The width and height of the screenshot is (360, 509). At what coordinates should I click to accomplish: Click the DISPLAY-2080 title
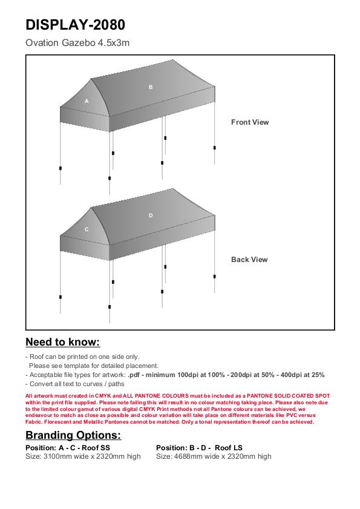(75, 25)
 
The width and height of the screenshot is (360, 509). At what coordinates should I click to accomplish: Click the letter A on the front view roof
(87, 101)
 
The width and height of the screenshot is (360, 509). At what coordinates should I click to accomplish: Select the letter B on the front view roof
(151, 87)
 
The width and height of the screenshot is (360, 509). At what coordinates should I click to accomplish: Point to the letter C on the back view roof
(87, 229)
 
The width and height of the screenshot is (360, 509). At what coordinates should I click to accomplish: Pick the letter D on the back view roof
(151, 215)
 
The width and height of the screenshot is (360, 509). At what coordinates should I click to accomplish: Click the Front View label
(250, 122)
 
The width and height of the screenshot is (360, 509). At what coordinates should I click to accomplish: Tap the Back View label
(249, 260)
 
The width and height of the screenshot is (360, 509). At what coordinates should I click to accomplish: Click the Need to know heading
(63, 342)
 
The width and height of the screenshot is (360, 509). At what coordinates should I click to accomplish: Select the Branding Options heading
(73, 435)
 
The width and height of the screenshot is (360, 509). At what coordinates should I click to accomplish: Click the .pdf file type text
(134, 375)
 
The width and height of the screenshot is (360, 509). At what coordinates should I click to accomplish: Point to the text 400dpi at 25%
(303, 375)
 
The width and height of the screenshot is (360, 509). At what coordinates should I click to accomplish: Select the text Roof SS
(96, 448)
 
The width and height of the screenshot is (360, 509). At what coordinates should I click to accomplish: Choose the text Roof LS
(229, 448)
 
